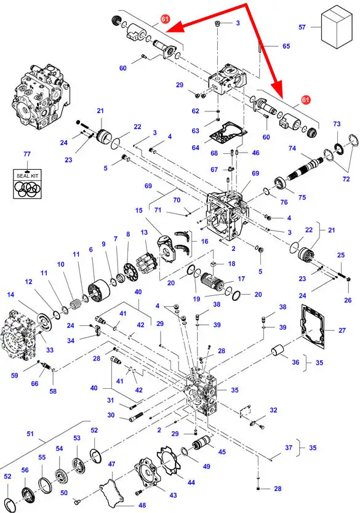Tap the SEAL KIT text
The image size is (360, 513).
(x=28, y=176)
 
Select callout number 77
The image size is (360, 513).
(x=27, y=154)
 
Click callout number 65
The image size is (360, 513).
(x=286, y=46)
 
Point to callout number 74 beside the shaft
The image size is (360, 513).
(x=292, y=148)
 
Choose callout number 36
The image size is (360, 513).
(x=295, y=362)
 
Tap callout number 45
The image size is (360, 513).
(x=222, y=452)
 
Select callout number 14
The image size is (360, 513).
(x=11, y=295)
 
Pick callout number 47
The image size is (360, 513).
(x=111, y=464)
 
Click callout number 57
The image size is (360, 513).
(x=302, y=27)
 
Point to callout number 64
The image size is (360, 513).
(x=195, y=148)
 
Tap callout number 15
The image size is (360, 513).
(x=139, y=210)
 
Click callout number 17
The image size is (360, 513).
(x=241, y=279)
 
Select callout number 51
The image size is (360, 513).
(x=30, y=434)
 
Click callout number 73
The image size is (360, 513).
(x=337, y=124)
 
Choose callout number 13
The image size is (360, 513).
(x=145, y=233)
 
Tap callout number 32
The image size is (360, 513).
(x=273, y=410)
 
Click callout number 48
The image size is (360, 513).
(x=142, y=505)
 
